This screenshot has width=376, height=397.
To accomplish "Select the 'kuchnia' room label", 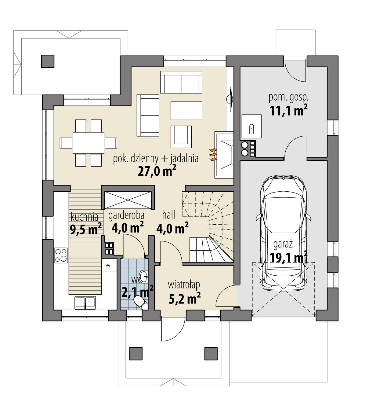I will coord(85,217).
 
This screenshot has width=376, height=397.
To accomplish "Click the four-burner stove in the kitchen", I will coord(61,255).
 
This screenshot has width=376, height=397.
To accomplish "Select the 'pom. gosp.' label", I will coord(288,98).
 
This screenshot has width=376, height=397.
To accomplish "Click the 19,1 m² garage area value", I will coord(288,258).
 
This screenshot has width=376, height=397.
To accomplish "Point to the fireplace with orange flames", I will coord(224,155).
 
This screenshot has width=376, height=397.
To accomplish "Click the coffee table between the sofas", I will coord(186,111).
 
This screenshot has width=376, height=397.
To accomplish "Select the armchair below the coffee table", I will coord(181,136).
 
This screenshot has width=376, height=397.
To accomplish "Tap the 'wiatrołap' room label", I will coord(184,285).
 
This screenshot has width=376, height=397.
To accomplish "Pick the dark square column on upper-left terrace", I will coord(47,61).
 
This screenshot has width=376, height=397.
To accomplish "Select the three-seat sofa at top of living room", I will coord(181,83).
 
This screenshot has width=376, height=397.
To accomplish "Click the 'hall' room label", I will coord(169,215).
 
